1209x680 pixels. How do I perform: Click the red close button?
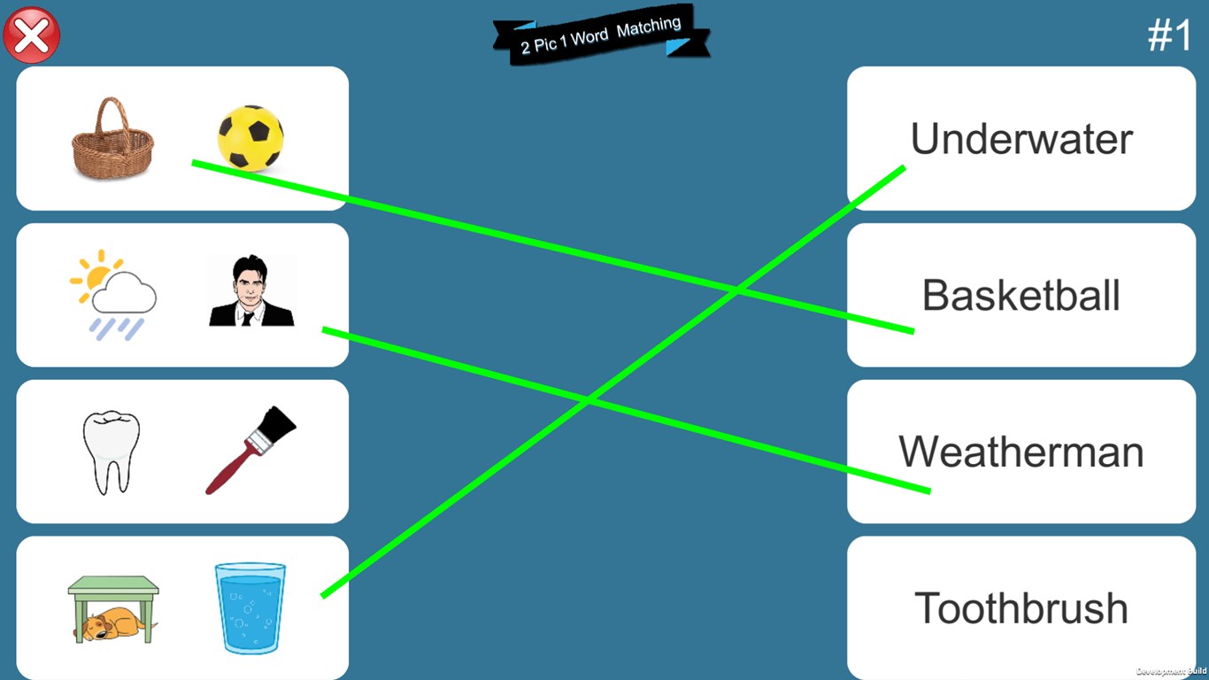click(x=31, y=35)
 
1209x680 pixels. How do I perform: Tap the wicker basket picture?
click(x=112, y=138)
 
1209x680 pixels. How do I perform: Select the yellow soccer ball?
click(x=250, y=138)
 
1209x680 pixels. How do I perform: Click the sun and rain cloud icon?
click(x=113, y=295)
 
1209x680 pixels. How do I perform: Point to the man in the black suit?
click(x=251, y=290)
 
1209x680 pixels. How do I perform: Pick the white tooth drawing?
click(x=112, y=452)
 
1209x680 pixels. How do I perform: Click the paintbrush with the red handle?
click(x=250, y=450)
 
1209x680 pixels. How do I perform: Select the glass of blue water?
click(x=250, y=608)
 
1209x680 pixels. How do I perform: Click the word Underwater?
click(x=1021, y=139)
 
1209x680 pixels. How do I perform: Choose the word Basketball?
click(x=1021, y=296)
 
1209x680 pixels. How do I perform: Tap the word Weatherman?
click(x=1021, y=452)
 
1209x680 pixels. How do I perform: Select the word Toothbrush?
click(x=1021, y=608)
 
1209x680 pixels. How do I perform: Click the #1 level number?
click(x=1169, y=35)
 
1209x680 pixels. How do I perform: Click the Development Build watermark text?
click(x=1171, y=671)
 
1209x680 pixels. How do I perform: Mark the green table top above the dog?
click(x=113, y=584)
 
